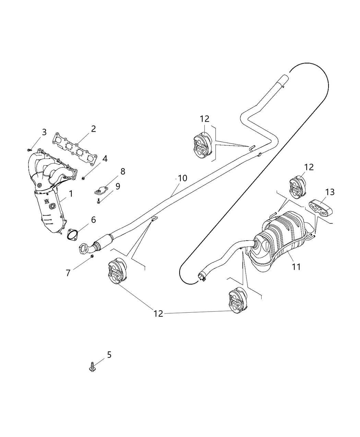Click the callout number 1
71,194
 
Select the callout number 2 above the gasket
93,129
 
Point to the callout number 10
182,178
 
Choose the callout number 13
329,192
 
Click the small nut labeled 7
92,256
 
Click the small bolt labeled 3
30,149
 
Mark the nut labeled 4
83,178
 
